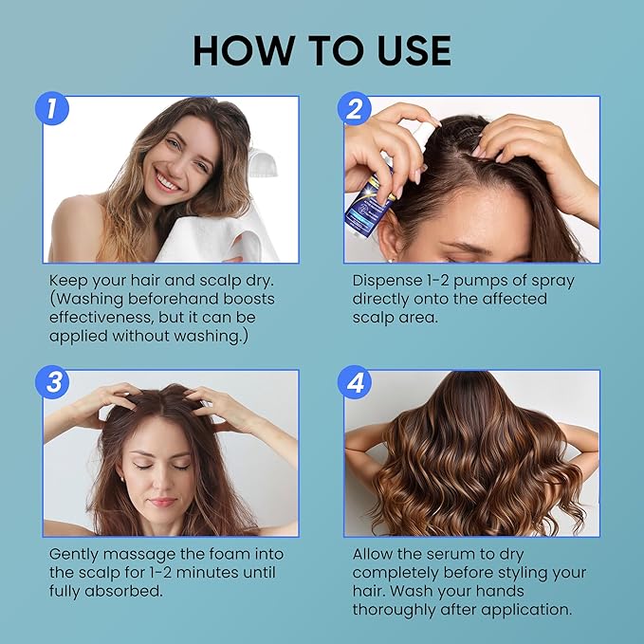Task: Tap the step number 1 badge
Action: [x=52, y=109]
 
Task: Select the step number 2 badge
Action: [x=354, y=109]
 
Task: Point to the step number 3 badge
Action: [x=52, y=383]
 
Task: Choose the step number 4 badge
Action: [x=354, y=383]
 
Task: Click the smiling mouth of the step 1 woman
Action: [x=167, y=180]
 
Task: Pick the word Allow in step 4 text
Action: [x=376, y=554]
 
